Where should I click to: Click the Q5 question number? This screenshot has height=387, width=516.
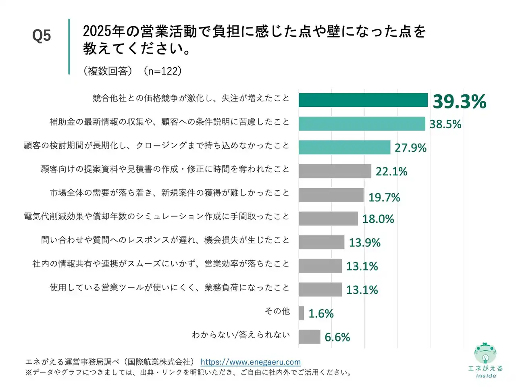tap(42, 36)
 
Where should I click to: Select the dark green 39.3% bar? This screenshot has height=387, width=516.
tap(363, 100)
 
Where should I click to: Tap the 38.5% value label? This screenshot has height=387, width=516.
tap(445, 124)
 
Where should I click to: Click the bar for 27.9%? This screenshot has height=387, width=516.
tap(344, 148)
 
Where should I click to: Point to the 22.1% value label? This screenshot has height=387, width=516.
tap(391, 171)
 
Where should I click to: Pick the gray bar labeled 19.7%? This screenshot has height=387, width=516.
tap(331, 195)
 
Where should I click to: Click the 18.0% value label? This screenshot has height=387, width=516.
tap(378, 219)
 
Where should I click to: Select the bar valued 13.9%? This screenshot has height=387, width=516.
tap(321, 242)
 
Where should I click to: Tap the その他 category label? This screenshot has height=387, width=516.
tap(277, 311)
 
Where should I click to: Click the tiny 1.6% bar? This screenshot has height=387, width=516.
tap(301, 313)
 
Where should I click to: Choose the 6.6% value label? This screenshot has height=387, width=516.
tap(337, 337)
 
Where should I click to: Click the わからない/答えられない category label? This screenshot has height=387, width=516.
tap(241, 335)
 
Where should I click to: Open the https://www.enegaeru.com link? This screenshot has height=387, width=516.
tap(250, 362)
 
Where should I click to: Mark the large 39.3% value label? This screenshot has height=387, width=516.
tap(459, 101)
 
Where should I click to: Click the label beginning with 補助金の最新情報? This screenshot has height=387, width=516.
tap(169, 122)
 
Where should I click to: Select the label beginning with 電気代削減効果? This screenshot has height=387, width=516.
tap(156, 216)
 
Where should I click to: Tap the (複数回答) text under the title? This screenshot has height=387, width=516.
tap(108, 71)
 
